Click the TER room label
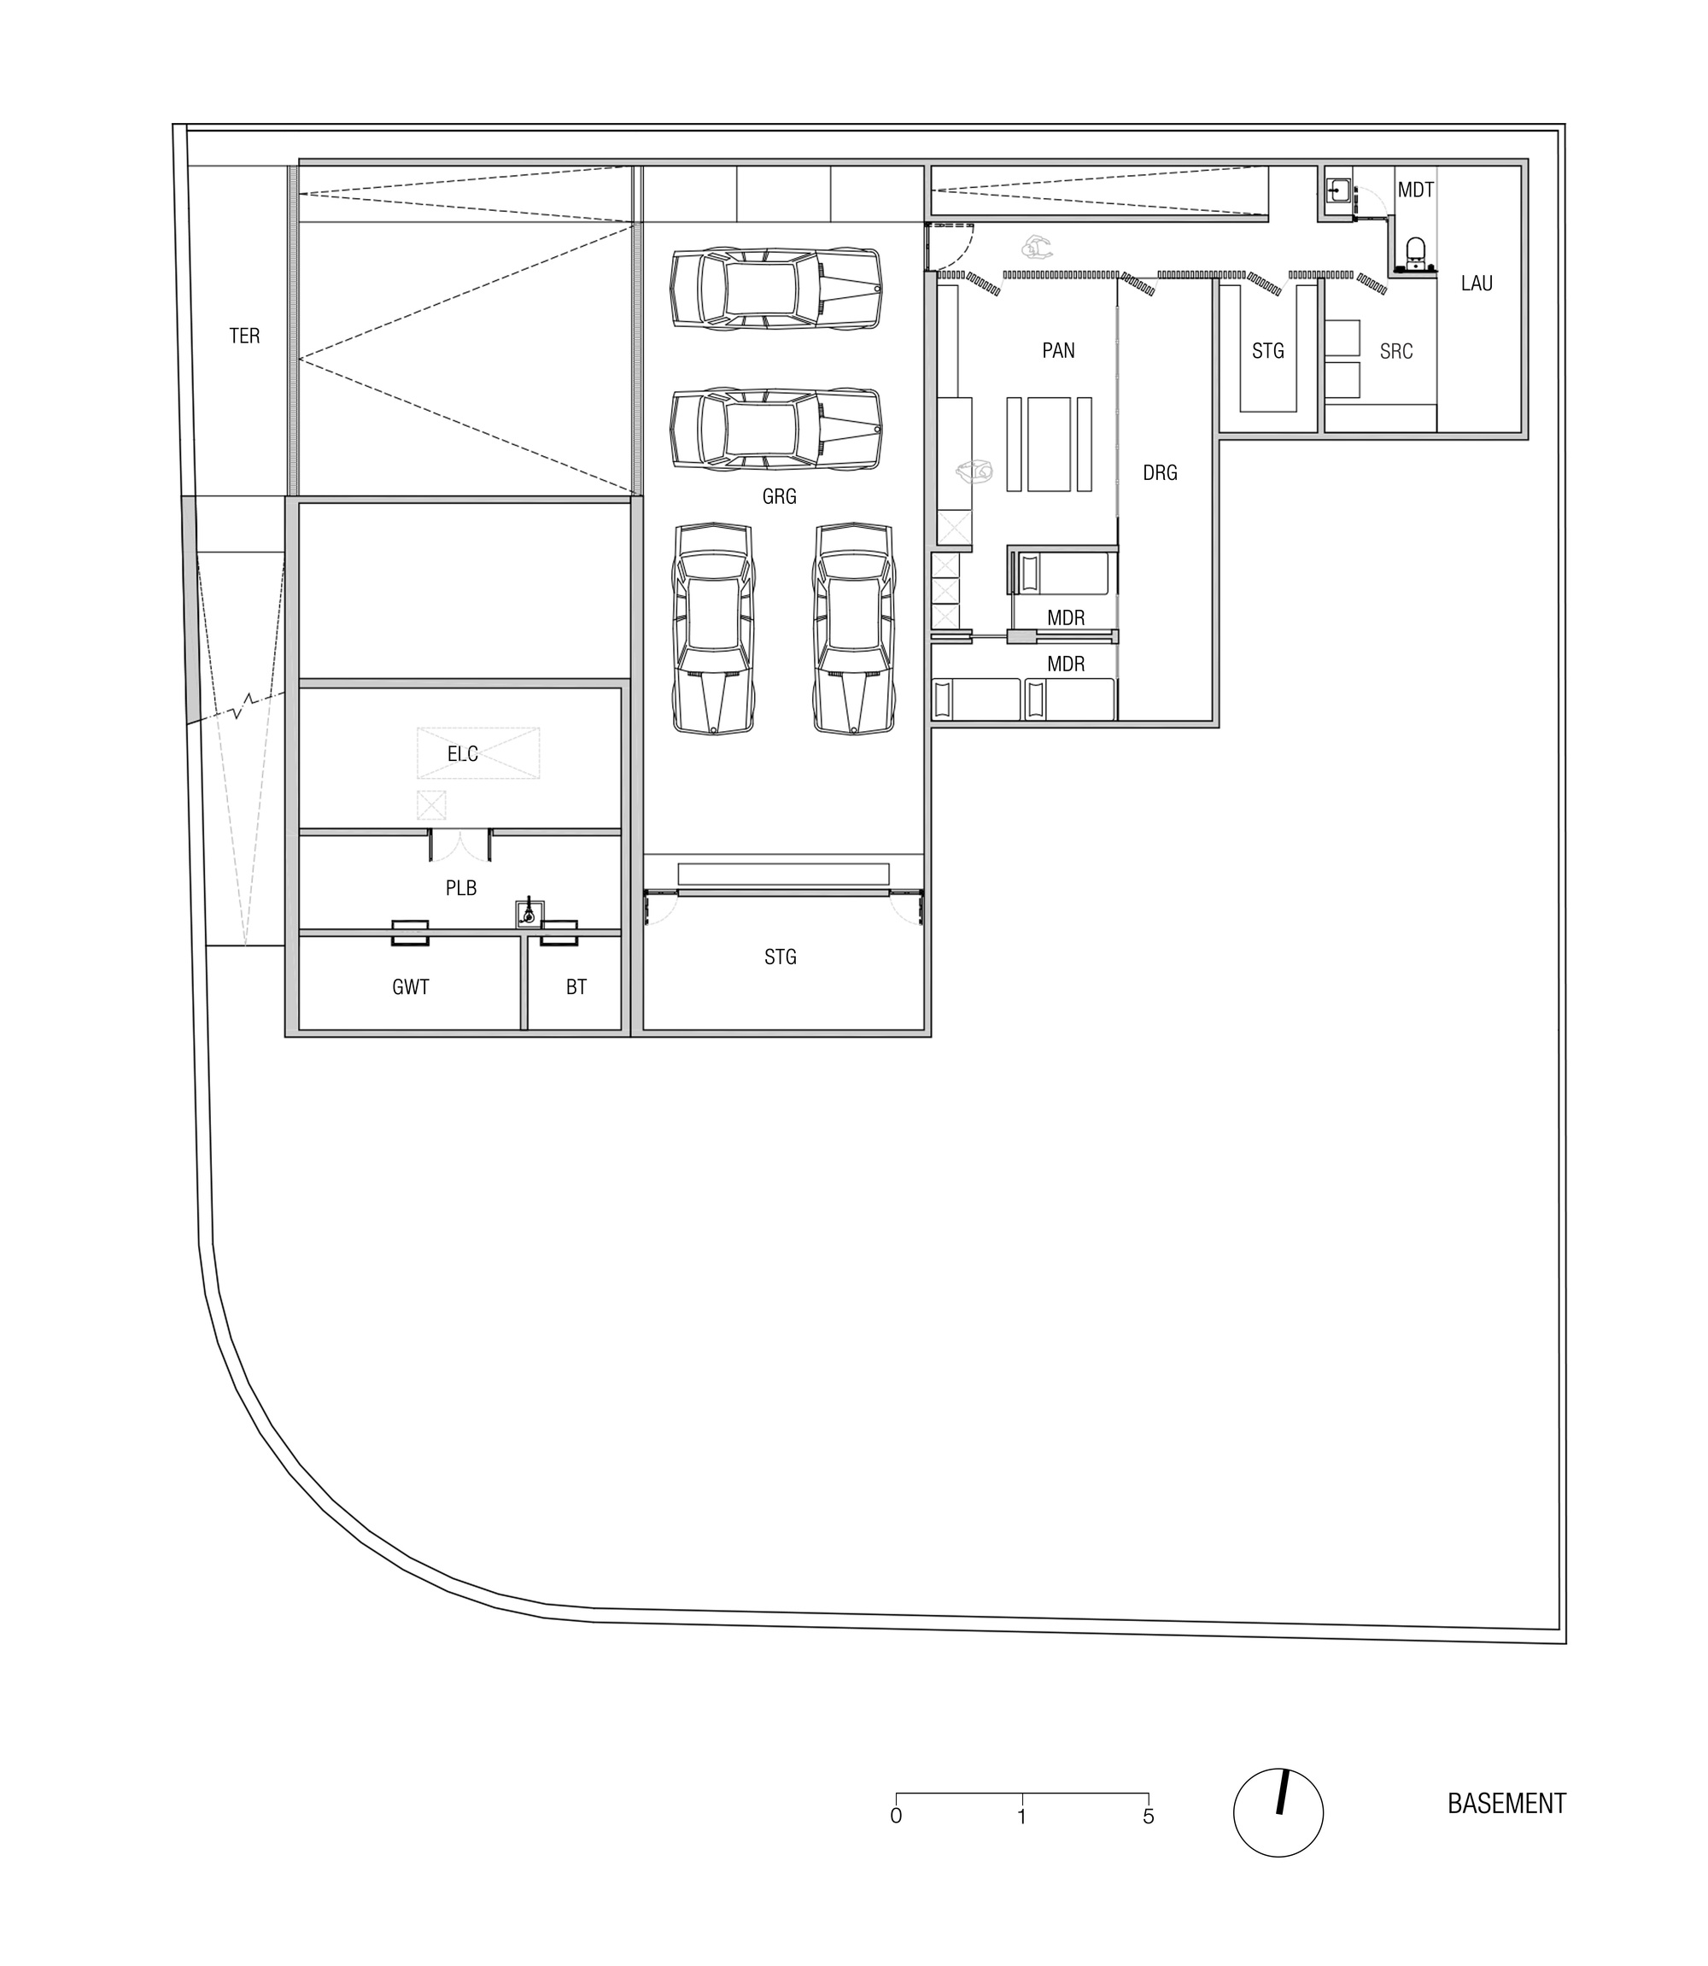(244, 336)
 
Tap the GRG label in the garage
(779, 496)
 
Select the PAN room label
(1058, 351)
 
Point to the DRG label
(1160, 472)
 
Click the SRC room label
(1395, 352)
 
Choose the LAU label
(1477, 283)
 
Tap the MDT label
(1415, 190)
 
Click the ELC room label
(462, 754)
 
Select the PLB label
(460, 888)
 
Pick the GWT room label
(411, 987)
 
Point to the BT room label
(576, 987)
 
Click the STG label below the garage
(780, 957)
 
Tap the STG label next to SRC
(1267, 352)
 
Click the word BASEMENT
(1506, 1804)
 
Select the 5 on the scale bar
(1149, 1817)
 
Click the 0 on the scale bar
(896, 1817)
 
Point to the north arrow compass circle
(1278, 1812)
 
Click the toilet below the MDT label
(1415, 253)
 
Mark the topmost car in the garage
(775, 289)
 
